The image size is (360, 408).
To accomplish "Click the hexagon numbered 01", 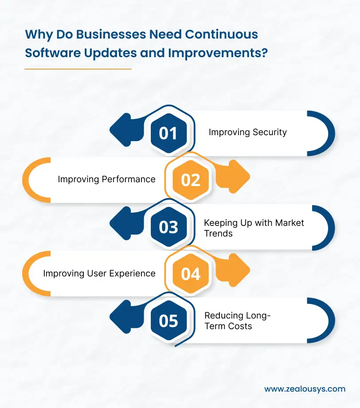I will pos(168,133).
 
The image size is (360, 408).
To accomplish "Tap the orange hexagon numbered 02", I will pos(191,180).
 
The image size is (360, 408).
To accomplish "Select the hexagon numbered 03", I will pos(168,227).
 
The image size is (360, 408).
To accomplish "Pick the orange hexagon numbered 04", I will pos(191,274).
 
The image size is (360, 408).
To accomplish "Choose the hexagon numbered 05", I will pos(168,321).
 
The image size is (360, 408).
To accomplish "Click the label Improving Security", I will pos(247,132).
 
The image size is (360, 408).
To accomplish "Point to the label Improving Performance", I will pos(106,179).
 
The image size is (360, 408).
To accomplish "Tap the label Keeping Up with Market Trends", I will pos(254,228).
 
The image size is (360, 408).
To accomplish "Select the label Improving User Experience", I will pos(99,273).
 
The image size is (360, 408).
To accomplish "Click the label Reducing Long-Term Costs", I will pos(237,321).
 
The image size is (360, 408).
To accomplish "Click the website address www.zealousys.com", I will pos(305,389).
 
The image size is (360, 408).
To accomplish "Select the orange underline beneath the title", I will pos(78,69).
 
